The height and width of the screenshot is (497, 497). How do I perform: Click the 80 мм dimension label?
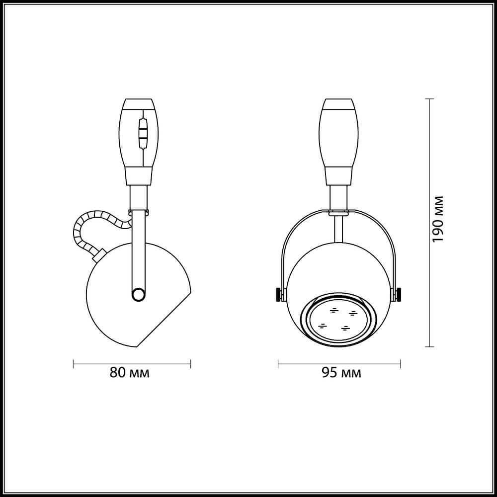(130, 373)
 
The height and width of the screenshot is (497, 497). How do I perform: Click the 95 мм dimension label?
(341, 373)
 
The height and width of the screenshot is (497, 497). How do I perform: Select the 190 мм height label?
(437, 219)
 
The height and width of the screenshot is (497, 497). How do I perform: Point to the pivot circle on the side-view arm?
(138, 296)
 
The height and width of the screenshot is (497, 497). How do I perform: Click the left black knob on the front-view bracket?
(277, 294)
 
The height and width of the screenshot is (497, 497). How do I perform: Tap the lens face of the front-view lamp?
(338, 321)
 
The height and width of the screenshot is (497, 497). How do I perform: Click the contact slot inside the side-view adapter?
(143, 133)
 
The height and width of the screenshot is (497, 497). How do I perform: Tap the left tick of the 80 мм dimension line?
(74, 364)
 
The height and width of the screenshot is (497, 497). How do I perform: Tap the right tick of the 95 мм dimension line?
(401, 364)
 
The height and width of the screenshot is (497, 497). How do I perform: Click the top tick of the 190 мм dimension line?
(430, 99)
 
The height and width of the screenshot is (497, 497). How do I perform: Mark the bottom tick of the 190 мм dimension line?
(430, 346)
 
